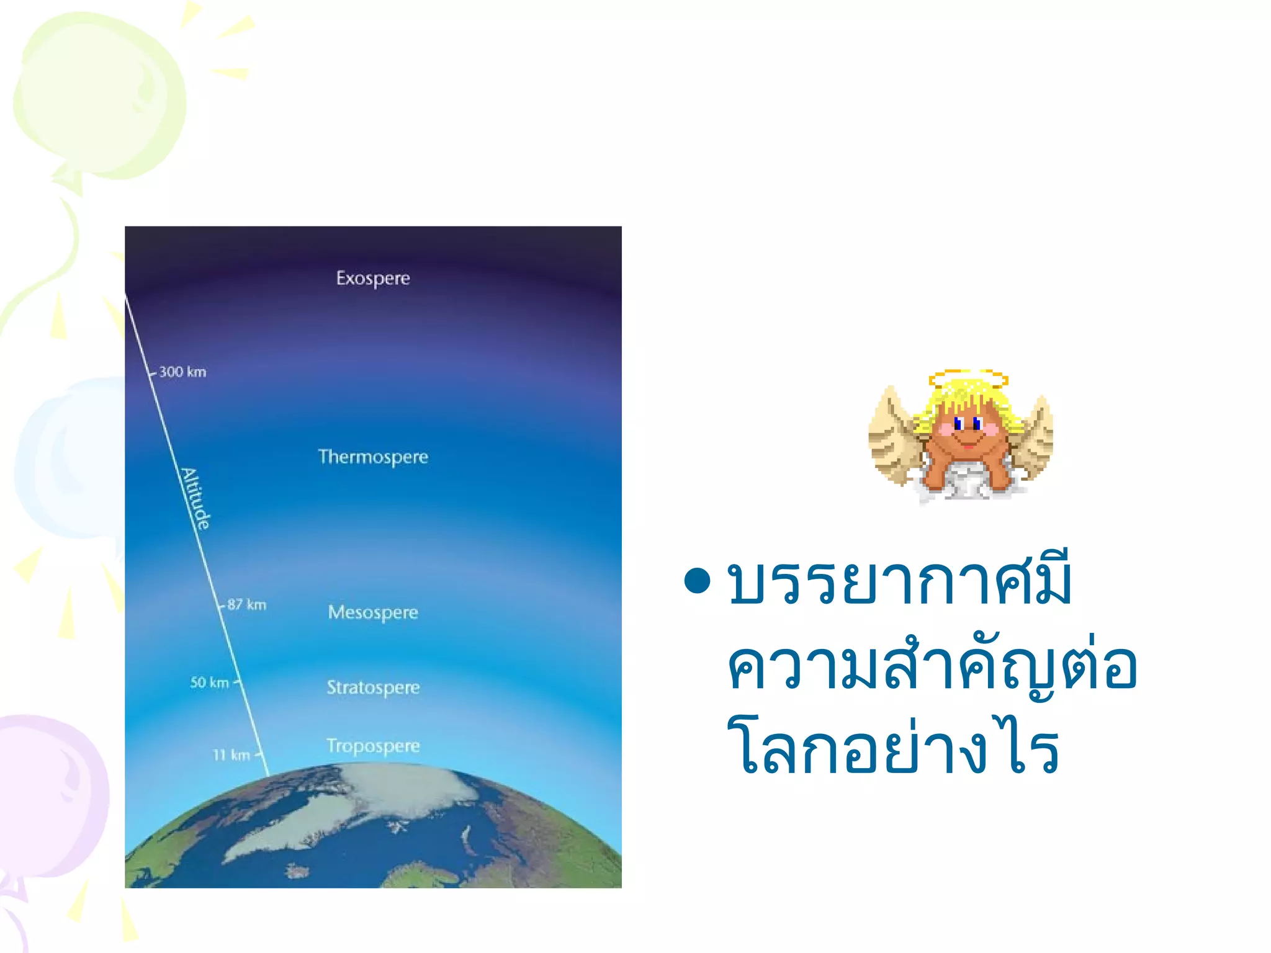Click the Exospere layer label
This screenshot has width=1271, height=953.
click(x=373, y=279)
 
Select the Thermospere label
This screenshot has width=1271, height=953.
click(x=373, y=457)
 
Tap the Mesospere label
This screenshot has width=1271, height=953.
click(x=373, y=613)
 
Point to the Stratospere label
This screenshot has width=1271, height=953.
click(x=373, y=687)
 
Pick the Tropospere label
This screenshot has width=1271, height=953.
click(x=373, y=746)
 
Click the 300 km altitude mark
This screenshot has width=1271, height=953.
click(x=182, y=372)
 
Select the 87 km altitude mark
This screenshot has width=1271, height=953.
click(x=246, y=605)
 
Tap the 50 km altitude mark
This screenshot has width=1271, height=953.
click(x=210, y=682)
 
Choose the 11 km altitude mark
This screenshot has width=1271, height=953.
click(x=231, y=755)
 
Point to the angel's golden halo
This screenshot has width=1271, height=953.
click(x=968, y=378)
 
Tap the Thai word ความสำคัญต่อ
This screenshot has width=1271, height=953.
click(x=931, y=667)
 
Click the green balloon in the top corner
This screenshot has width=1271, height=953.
click(x=99, y=93)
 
